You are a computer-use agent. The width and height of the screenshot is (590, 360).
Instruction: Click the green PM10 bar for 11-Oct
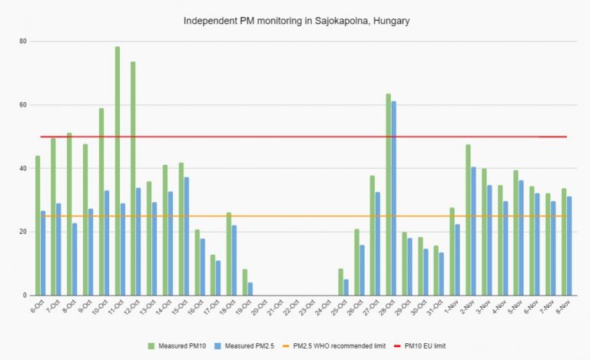point(118,171)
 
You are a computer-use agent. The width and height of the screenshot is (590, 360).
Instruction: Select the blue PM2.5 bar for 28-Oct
point(393,198)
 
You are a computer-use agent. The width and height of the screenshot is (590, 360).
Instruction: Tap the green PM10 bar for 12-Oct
point(133,179)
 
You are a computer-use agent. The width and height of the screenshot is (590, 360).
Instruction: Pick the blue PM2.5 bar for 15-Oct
point(187,236)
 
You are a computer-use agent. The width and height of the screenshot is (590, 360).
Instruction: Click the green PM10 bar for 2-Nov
point(468,220)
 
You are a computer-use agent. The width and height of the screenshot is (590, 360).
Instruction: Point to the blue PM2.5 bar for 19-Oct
point(250,289)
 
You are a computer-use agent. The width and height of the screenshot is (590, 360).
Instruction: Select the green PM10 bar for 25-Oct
point(340,282)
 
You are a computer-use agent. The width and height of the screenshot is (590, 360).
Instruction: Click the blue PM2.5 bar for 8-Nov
point(569,246)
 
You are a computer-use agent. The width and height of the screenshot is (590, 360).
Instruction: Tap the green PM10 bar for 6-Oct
point(38,226)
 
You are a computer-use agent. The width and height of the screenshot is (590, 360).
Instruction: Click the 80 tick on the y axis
point(23,41)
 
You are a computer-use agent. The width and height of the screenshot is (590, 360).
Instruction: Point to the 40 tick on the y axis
point(23,168)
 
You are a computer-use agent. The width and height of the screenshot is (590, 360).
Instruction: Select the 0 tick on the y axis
point(25,296)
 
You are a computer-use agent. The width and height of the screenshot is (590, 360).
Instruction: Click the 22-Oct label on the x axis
point(291,307)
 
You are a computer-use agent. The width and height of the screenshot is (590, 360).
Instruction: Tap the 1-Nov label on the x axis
point(451,307)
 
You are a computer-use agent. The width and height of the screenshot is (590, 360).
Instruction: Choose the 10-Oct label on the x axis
point(100,307)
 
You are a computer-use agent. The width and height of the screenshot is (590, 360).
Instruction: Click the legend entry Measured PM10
point(177,346)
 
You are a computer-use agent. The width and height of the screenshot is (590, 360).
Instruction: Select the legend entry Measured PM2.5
point(244,346)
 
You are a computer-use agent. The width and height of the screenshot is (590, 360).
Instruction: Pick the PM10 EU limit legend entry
point(419,346)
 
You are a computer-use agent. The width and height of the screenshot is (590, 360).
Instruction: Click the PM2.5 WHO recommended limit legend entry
point(334,346)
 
